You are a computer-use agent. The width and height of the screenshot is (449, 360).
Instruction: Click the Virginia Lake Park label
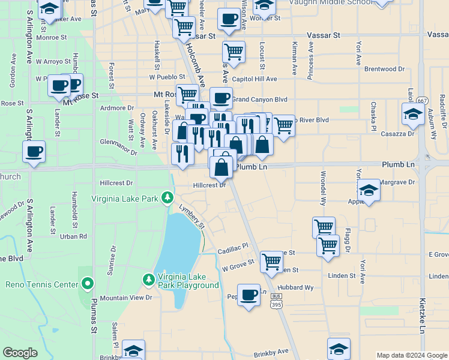tap(124, 198)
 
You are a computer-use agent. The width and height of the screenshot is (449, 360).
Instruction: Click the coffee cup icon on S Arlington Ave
tap(34, 151)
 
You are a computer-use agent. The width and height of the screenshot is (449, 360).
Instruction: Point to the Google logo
tap(20, 353)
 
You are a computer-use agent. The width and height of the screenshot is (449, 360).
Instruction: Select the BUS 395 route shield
tap(277, 301)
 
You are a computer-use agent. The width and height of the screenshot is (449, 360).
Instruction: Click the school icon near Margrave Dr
tap(369, 190)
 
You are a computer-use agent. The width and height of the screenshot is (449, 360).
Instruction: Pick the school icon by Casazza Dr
tap(413, 114)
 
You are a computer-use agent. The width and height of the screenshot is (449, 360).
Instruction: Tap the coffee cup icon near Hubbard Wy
tap(248, 295)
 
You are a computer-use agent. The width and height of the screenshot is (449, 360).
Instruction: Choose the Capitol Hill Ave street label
tap(254, 79)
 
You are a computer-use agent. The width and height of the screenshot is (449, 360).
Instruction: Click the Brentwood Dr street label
tap(384, 69)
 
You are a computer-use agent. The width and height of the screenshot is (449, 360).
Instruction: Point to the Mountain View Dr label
tap(126, 298)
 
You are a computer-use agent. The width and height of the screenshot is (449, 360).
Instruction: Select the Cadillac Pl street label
tap(233, 247)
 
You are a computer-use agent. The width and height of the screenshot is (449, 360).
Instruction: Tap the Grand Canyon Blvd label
tap(260, 99)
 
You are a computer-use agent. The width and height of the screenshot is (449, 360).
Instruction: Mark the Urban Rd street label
tap(74, 236)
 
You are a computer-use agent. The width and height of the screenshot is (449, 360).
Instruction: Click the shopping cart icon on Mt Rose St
tap(187, 94)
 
